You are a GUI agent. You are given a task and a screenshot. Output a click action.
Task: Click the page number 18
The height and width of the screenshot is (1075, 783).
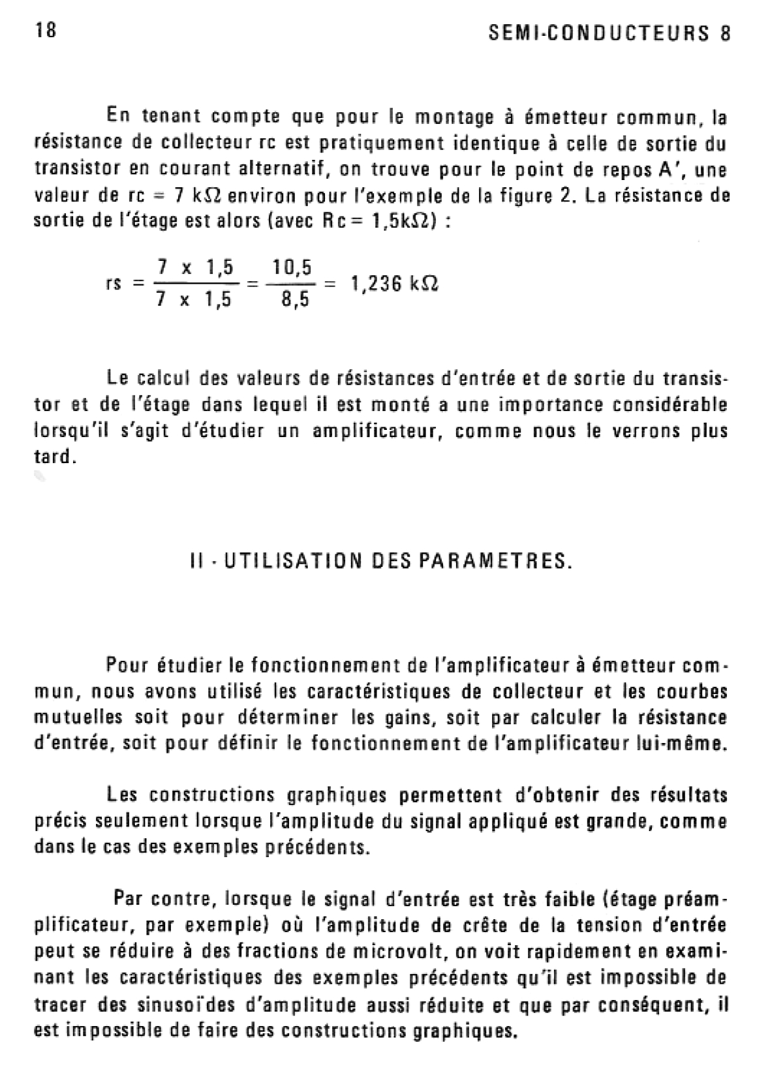click(x=46, y=31)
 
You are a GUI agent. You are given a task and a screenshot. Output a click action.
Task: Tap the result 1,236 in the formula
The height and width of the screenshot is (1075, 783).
click(x=375, y=284)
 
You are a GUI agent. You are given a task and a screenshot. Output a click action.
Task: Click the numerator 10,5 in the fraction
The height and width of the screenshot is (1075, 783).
click(x=292, y=267)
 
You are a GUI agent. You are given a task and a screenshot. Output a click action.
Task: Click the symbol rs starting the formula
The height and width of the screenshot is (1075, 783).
click(x=115, y=285)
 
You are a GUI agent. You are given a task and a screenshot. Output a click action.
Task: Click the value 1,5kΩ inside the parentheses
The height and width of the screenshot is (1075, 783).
click(x=405, y=222)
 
